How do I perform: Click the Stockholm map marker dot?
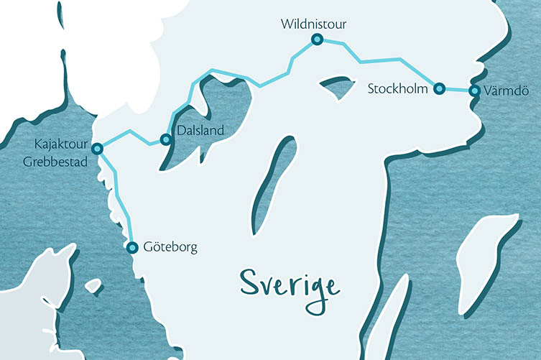[x=439, y=89]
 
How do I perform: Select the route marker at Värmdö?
[x=474, y=91]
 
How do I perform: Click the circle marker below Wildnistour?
[x=315, y=40]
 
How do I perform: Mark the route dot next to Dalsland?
[x=166, y=139]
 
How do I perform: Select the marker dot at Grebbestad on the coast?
[x=97, y=149]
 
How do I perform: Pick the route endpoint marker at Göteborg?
[x=132, y=247]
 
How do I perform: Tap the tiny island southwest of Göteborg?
[x=93, y=285]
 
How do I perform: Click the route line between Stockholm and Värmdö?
[x=457, y=91]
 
